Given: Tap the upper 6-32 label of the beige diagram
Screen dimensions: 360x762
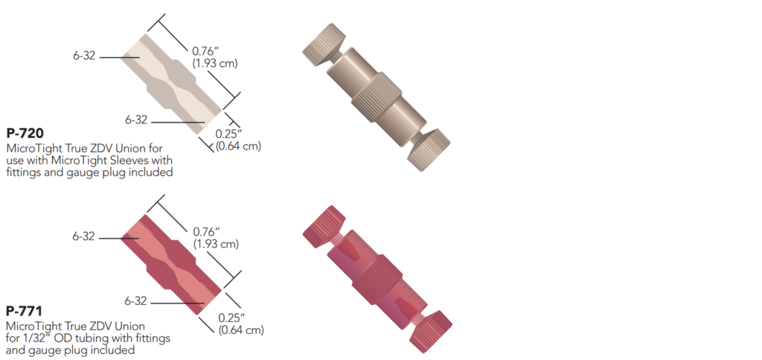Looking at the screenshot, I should [x=83, y=57].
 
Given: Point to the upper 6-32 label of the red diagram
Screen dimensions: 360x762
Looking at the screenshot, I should [x=83, y=237].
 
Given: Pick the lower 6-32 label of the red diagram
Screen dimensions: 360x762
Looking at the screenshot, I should [x=135, y=301].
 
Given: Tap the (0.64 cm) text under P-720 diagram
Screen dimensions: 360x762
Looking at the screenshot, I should [x=238, y=146].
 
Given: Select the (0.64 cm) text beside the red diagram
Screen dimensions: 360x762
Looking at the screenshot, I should [x=240, y=328].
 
